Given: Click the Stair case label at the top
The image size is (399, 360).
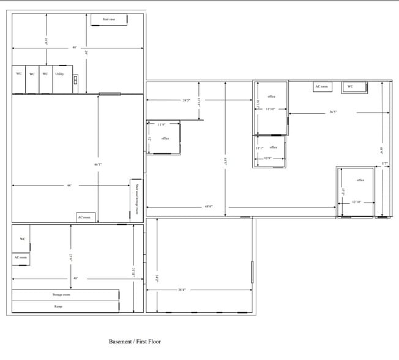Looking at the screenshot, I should pos(109,20).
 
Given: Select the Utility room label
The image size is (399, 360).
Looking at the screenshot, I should pos(59,73).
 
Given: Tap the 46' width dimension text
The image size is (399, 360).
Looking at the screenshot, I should pos(75,47).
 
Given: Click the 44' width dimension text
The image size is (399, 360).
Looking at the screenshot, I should pos(69,186).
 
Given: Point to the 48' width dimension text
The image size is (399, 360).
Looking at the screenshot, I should pos(75,278).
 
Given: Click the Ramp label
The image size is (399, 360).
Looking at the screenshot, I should pos(58,306).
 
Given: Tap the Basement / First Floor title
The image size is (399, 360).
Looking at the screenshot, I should pos(135,341).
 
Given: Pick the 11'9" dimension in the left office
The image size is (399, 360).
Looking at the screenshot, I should pos(162,124).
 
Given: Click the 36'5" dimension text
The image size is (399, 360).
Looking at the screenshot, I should pos(334,112).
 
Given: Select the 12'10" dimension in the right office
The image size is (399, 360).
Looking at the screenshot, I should pos(357,202).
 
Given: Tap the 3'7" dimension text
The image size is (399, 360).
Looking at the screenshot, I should pos(385,163).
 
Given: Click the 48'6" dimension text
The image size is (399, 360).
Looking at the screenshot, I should pos(209,206).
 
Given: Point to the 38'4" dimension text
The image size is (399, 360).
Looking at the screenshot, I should pos(182,290).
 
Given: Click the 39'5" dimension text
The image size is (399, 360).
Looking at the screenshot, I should pos(186,100).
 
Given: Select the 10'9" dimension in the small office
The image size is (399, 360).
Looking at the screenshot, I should pos(267,158).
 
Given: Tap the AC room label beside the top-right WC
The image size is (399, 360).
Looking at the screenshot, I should pos(322,87).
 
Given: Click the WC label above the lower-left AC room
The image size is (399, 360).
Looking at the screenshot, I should pos(22,239).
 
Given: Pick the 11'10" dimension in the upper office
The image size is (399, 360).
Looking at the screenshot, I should pos(270,109).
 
